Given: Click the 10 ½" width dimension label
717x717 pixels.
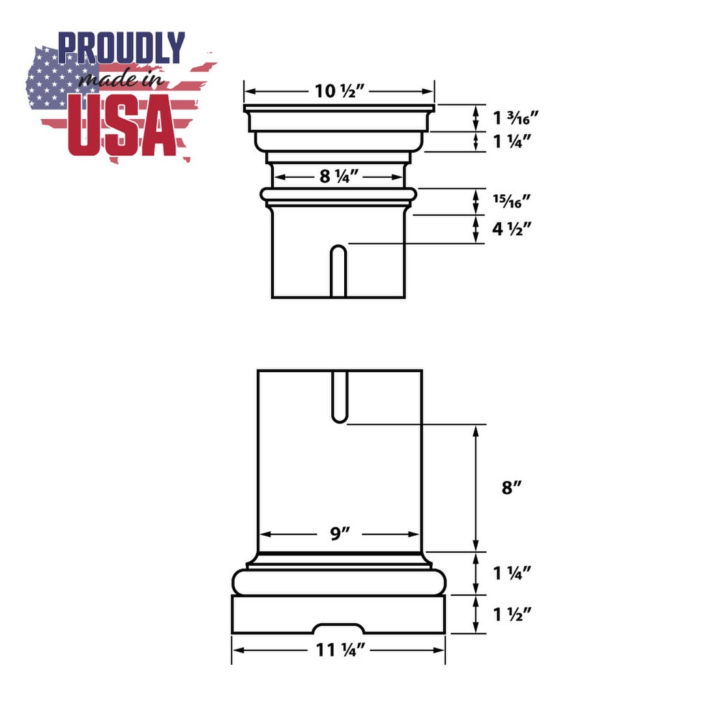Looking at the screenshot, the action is click(x=339, y=91).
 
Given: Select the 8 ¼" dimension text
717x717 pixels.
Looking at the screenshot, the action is click(x=339, y=176).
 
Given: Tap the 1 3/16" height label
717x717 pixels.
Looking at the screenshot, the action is click(x=516, y=118).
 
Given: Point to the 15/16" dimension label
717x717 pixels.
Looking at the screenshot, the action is click(x=512, y=201).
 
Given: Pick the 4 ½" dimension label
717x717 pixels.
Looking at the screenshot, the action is click(x=512, y=229).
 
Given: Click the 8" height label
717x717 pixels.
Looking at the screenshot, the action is click(x=512, y=488).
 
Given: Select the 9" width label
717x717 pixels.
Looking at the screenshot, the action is click(x=340, y=533).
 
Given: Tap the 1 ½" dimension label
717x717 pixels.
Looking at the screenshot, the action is click(x=512, y=614).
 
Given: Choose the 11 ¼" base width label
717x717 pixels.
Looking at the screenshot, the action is click(x=341, y=650).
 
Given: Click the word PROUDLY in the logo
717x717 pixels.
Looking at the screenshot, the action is click(x=122, y=48).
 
